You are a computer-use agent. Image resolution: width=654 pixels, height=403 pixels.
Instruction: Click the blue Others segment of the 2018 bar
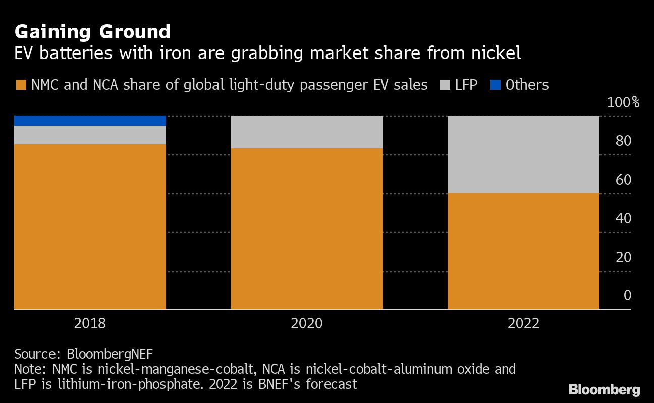90,121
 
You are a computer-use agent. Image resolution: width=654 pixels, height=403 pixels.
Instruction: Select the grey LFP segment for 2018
90,135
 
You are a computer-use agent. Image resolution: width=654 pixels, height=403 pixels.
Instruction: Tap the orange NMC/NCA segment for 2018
90,227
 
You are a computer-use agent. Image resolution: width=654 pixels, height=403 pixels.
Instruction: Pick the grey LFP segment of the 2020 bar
306,132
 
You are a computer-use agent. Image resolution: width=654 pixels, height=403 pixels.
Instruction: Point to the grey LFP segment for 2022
523,155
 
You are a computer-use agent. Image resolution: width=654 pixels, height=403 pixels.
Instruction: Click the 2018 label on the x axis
90,323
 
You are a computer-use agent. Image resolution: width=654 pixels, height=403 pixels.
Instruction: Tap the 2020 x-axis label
306,323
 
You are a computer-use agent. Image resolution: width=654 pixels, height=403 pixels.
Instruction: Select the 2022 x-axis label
523,323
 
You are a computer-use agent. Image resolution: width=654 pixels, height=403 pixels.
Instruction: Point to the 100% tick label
623,103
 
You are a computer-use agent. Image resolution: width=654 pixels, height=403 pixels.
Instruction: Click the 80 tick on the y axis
623,141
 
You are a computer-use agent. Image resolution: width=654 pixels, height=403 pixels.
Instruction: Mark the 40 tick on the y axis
623,219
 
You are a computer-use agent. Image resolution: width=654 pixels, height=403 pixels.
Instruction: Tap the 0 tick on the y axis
627,295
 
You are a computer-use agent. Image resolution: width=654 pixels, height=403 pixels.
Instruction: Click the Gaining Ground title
92,32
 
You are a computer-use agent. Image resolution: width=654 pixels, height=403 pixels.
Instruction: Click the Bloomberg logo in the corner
604,389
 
